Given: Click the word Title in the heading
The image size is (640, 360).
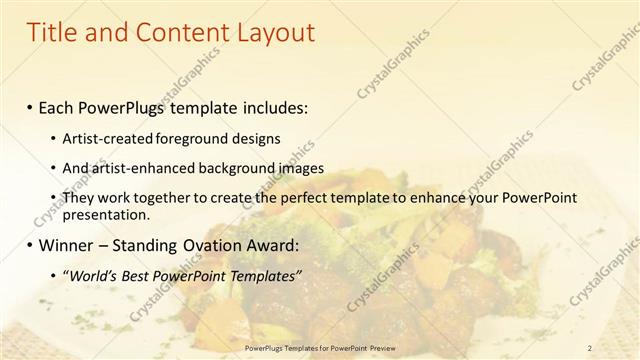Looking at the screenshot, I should pyautogui.click(x=54, y=32).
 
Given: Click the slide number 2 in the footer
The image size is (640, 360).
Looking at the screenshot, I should pyautogui.click(x=590, y=347).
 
